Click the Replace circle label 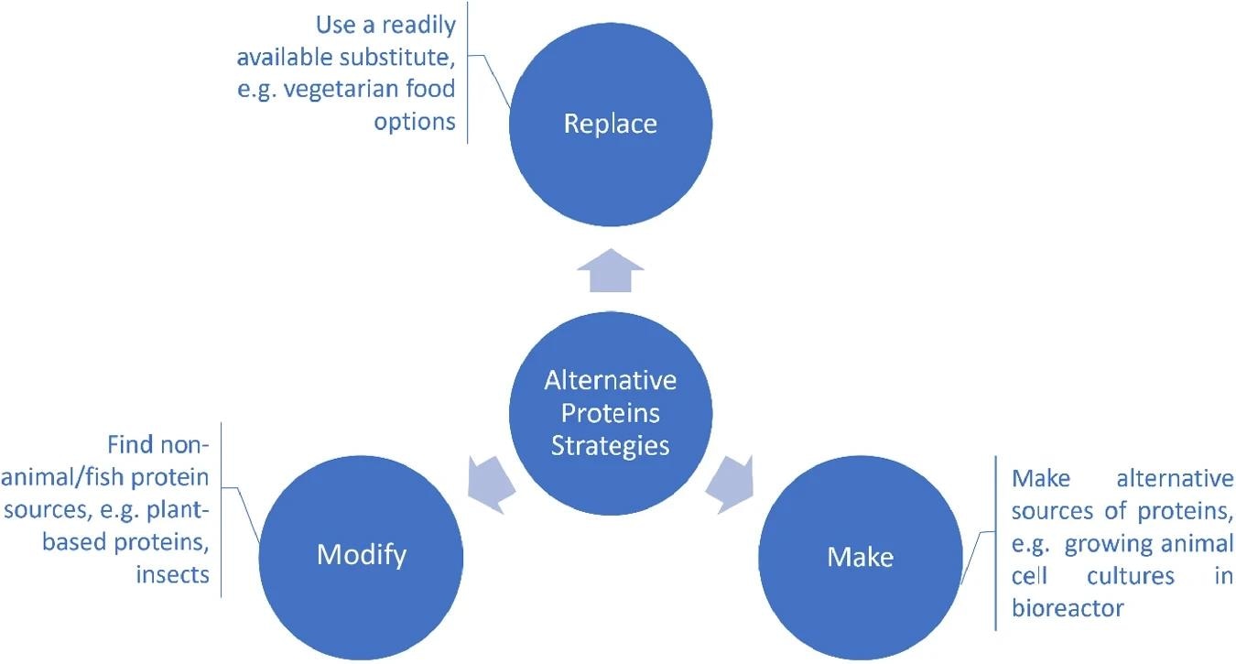point(610,124)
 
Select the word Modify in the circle point(362,554)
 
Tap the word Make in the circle point(860,556)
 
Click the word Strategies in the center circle point(610,446)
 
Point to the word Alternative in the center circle point(610,380)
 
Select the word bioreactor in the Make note point(1068,607)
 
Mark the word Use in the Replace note point(334,24)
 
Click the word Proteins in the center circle point(610,413)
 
